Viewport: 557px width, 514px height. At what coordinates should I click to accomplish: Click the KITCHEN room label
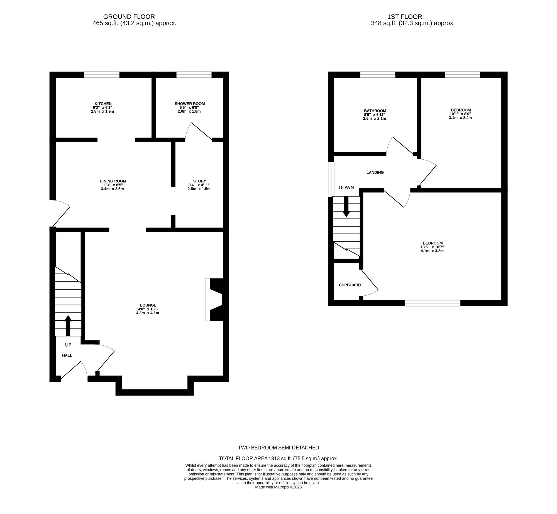tap(102, 104)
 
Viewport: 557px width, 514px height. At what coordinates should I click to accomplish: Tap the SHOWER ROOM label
tap(190, 104)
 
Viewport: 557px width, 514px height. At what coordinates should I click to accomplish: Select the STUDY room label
tap(199, 181)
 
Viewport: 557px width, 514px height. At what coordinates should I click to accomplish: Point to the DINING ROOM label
tap(113, 181)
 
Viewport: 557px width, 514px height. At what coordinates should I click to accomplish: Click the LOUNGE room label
tap(148, 305)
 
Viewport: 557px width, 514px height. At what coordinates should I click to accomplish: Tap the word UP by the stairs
tap(68, 345)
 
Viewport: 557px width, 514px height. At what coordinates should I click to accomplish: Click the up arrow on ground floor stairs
tap(68, 325)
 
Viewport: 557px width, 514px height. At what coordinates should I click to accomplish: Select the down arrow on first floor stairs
tap(346, 207)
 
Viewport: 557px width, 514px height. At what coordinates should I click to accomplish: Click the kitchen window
tap(102, 75)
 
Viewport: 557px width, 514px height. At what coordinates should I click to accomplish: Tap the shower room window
tap(194, 75)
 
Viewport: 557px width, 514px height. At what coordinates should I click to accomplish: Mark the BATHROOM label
tap(375, 111)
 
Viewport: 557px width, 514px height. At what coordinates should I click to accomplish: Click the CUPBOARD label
tap(350, 285)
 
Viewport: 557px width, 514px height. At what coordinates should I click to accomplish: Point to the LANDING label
tap(375, 172)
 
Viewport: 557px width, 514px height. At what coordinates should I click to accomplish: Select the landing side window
tap(331, 179)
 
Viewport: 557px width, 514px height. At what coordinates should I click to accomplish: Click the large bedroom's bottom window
tap(433, 303)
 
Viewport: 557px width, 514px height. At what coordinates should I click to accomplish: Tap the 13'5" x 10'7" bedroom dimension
tap(432, 247)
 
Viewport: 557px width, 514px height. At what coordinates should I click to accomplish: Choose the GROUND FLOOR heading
tap(129, 17)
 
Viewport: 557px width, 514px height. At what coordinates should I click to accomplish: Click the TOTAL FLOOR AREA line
tap(278, 458)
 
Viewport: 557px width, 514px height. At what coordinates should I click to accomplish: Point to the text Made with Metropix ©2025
tap(278, 495)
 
